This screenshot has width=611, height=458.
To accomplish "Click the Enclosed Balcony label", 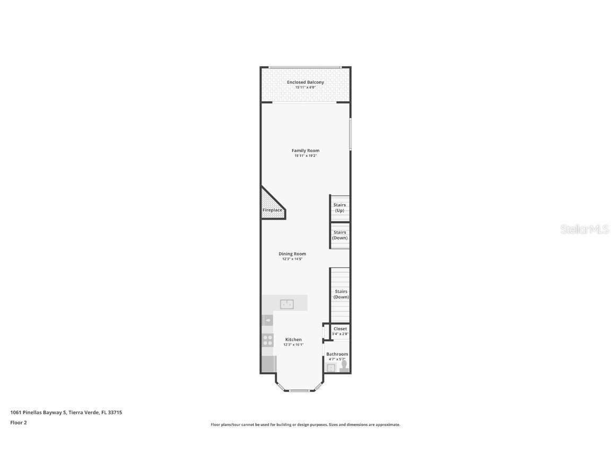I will (x=305, y=82).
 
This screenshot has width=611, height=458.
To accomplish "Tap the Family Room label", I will (x=305, y=151).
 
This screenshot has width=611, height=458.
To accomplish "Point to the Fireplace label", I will (x=273, y=210).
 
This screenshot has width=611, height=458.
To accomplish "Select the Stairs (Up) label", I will (x=339, y=207).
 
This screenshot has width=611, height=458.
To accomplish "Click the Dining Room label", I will (x=292, y=254).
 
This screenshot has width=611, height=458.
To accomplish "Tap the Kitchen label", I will (x=293, y=340).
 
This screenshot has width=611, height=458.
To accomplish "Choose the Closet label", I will (x=340, y=329).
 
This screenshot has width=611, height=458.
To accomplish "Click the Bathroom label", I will (x=337, y=354).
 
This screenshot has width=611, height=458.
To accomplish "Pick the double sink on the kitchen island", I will (x=287, y=304).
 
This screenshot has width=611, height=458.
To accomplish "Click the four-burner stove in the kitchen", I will (x=268, y=340).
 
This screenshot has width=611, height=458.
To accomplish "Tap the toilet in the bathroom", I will (x=344, y=365).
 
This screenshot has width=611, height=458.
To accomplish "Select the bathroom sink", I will (x=331, y=367).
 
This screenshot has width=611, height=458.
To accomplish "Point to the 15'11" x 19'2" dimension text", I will (x=305, y=156).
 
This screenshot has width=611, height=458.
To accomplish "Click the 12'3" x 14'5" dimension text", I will (x=292, y=259).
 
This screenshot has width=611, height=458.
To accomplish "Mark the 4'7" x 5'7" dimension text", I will (x=337, y=359).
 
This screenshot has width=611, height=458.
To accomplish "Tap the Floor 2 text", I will (x=19, y=422).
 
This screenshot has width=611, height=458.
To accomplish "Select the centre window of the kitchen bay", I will (x=299, y=391).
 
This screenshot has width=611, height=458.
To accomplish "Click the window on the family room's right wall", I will (x=350, y=134).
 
